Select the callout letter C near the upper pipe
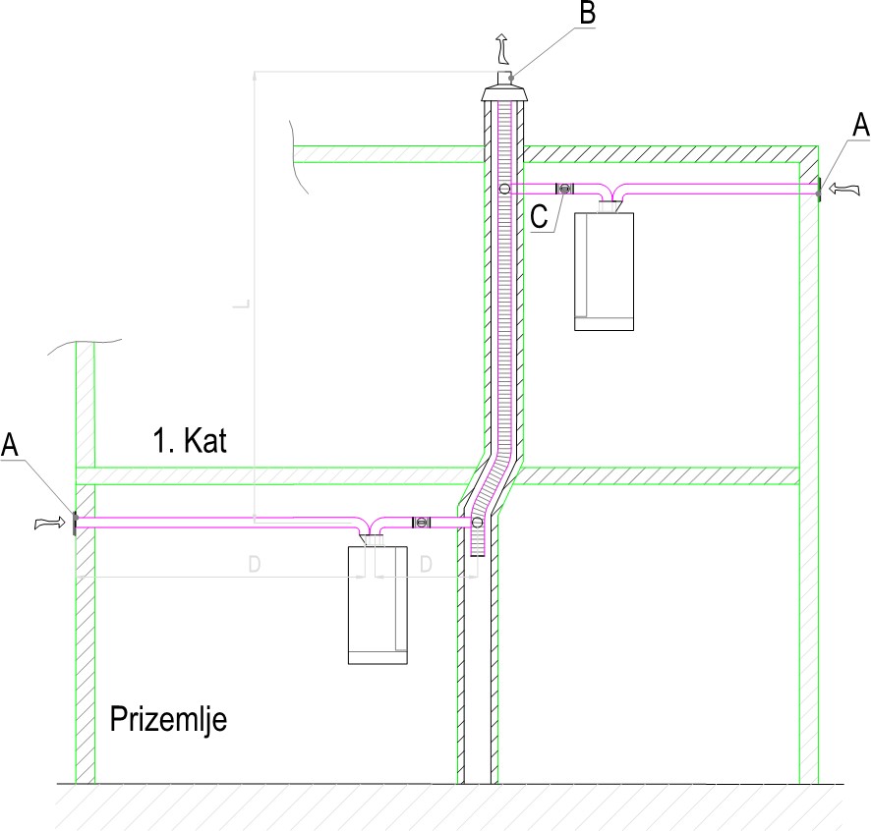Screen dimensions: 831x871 tap(538, 217)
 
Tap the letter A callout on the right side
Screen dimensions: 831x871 tap(860, 124)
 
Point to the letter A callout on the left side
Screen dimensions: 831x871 tap(11, 445)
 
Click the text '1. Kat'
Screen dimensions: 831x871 tap(190, 441)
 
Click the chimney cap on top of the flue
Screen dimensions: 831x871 tap(505, 92)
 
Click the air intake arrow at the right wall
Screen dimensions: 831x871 tap(843, 187)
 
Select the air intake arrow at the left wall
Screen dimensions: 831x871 tap(47, 524)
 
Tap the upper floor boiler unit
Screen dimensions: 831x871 tap(604, 271)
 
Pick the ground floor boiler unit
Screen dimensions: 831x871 tap(378, 605)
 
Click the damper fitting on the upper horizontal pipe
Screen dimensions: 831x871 tap(564, 189)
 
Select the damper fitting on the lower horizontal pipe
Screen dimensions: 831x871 tap(421, 523)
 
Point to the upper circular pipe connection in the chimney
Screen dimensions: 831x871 tap(503, 189)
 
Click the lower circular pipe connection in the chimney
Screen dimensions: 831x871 tap(479, 523)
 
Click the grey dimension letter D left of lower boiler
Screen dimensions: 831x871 tap(254, 565)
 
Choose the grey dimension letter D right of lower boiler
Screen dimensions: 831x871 tap(426, 565)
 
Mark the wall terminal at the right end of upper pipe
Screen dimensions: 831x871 tap(818, 189)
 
